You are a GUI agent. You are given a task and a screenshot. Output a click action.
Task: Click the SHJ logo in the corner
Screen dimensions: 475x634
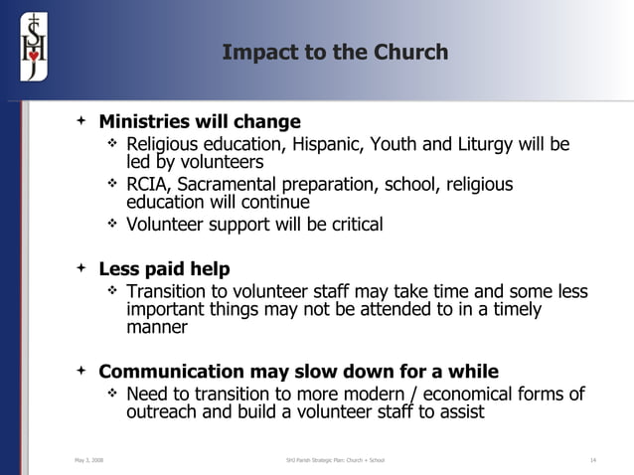click(33, 43)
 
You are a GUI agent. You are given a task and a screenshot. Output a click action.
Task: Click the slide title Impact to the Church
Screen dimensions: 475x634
click(335, 52)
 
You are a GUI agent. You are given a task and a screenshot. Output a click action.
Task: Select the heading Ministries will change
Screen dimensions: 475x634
click(199, 122)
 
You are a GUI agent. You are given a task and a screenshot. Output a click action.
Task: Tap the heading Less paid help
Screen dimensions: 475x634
click(164, 269)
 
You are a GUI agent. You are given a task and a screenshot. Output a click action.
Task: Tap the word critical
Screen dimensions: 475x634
click(353, 225)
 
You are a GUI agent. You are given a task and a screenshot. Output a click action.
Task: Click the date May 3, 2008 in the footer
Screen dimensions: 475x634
click(88, 460)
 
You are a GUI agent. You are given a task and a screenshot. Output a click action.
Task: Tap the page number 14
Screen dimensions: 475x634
click(592, 460)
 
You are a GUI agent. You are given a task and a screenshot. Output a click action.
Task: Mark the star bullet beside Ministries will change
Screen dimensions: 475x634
click(81, 122)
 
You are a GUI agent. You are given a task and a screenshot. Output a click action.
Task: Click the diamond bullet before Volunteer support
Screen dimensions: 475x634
click(112, 225)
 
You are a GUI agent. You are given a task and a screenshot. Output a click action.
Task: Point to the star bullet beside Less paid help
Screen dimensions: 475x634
click(81, 269)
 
